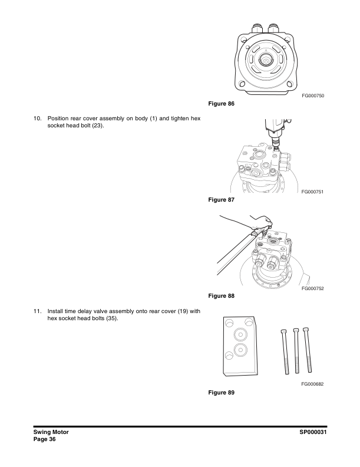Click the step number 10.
37,119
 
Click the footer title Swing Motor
51,433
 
